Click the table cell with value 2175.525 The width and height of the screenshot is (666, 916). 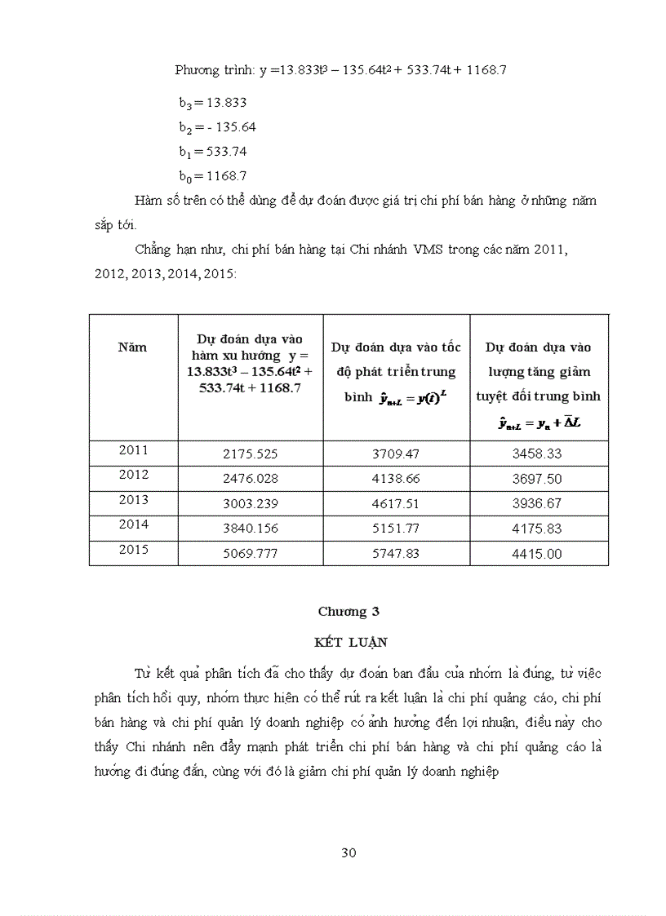[x=250, y=452]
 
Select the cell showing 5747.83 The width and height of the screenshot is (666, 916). [x=395, y=553]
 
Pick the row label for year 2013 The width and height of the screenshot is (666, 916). [x=133, y=499]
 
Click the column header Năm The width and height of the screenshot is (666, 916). [x=132, y=347]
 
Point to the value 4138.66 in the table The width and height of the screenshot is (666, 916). [x=395, y=477]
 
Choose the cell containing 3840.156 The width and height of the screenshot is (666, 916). [x=250, y=528]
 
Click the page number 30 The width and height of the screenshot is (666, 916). [x=349, y=853]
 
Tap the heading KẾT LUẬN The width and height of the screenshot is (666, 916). [x=351, y=643]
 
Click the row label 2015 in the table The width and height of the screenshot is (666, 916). [x=133, y=550]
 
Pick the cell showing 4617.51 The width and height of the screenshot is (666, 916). [x=395, y=502]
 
